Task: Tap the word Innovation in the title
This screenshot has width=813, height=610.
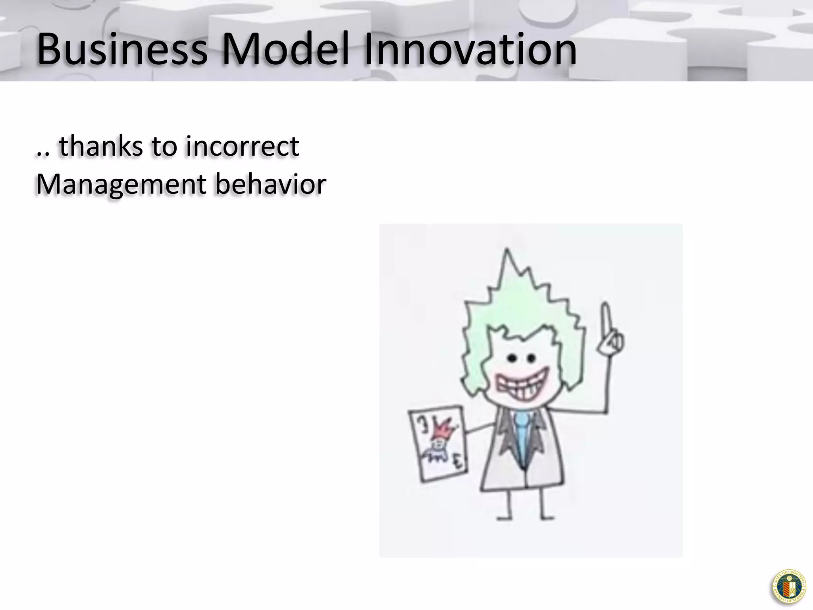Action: pos(470,50)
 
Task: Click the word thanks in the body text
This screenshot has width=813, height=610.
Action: pos(101,146)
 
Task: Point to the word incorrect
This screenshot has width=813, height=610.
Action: pos(242,146)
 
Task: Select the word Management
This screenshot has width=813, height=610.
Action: pos(121,184)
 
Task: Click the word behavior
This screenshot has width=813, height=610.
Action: pos(271,184)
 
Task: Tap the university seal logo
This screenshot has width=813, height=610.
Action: pos(789,587)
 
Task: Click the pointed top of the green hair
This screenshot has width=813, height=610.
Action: pos(507,254)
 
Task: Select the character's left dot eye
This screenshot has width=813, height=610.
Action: pos(512,359)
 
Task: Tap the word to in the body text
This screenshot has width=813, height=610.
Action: pos(164,146)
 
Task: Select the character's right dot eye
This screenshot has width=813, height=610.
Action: pos(531,359)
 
